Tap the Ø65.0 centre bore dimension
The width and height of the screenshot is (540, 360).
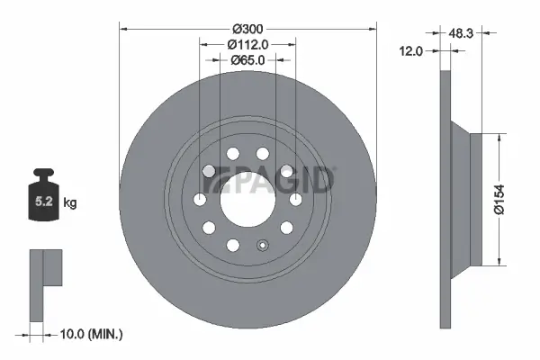[247, 59]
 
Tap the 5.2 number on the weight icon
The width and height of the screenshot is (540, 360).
[42, 202]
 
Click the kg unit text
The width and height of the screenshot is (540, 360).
[69, 202]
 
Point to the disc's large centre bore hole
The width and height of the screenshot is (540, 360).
[247, 198]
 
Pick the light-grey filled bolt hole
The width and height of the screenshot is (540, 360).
[208, 171]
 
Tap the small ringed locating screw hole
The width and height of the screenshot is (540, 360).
[262, 245]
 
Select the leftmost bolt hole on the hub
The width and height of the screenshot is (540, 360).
[200, 199]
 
